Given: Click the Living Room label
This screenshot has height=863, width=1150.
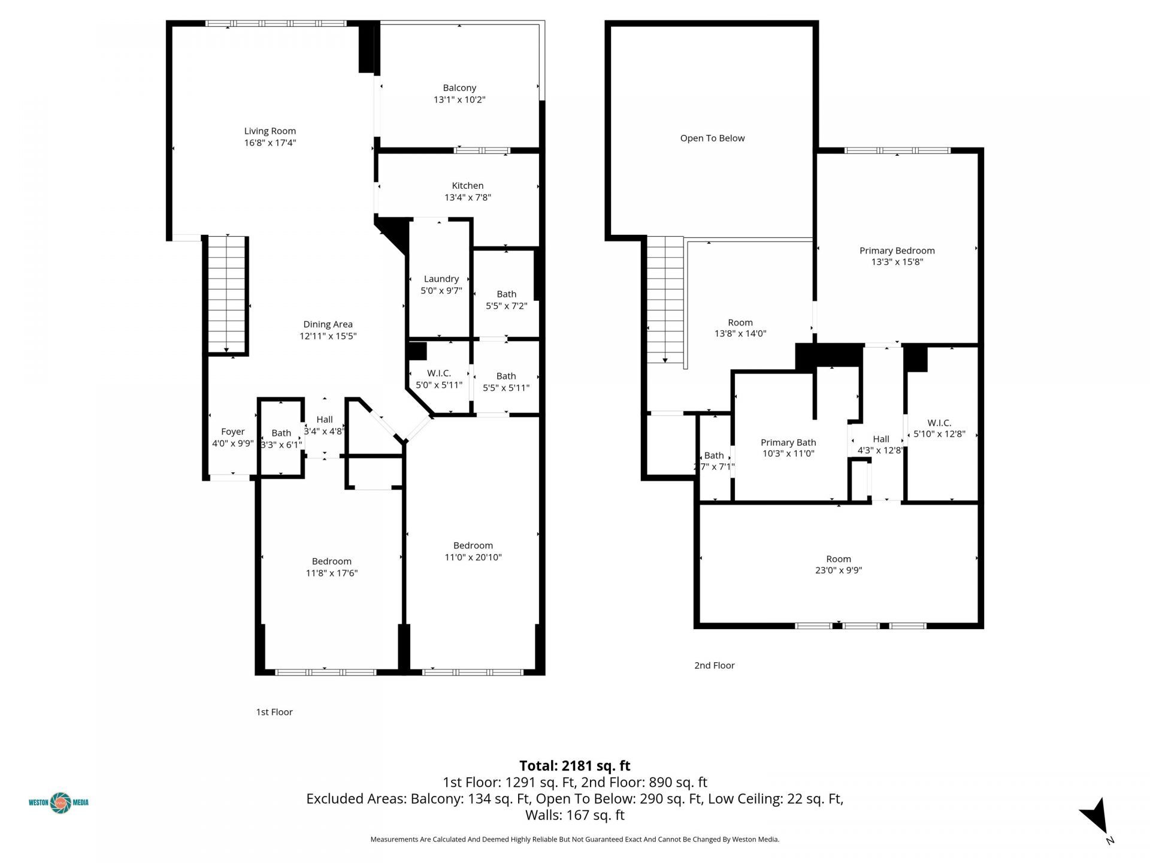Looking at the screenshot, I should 270,131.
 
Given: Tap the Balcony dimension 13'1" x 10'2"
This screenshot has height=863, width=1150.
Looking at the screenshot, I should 459,100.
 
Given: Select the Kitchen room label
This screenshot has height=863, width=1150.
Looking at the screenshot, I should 467,186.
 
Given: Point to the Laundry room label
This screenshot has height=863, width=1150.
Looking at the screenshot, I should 441,279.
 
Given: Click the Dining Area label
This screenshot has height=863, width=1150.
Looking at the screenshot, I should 328,325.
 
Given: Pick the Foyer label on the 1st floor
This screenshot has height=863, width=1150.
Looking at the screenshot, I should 232,432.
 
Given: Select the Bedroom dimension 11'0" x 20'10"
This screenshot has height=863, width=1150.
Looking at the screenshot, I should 473,557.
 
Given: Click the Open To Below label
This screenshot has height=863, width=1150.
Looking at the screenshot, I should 712,138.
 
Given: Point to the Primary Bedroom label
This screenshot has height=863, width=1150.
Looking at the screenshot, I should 897,251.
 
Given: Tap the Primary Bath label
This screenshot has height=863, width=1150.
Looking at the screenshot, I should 788,443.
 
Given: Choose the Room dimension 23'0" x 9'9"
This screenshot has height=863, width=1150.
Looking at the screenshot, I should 838,571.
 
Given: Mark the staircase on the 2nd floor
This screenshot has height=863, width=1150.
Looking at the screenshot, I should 665,300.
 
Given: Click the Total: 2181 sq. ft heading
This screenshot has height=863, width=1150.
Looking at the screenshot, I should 574,766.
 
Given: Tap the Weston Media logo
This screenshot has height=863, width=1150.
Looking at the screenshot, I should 59,802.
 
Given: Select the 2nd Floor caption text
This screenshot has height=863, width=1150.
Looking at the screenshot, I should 714,665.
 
